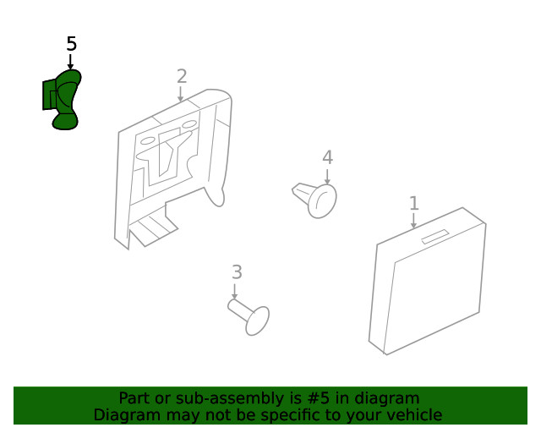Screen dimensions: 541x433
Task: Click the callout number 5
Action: tap(71, 44)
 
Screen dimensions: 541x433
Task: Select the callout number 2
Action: tap(182, 76)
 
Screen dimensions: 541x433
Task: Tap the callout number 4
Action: tap(327, 157)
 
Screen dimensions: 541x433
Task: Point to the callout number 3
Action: tap(237, 272)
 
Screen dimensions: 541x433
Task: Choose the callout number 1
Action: tap(414, 203)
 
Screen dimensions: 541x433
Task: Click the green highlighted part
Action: tap(62, 100)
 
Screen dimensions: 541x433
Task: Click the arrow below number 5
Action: tap(70, 62)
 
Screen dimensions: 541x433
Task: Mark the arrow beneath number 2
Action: tap(180, 94)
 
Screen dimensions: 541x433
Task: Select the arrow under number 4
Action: tap(327, 177)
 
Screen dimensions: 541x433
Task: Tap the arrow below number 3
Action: tap(235, 292)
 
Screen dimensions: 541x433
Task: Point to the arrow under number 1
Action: tap(413, 221)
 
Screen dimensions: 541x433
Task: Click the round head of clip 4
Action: tap(322, 201)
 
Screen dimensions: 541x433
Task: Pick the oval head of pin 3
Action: tap(257, 321)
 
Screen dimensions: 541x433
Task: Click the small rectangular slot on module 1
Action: tap(434, 237)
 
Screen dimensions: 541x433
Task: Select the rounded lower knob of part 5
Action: tap(65, 122)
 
